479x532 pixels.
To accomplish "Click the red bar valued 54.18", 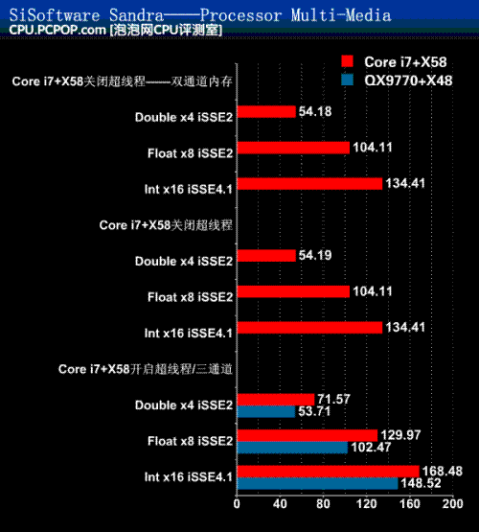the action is point(266,111).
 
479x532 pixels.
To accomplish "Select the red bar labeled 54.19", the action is point(266,256).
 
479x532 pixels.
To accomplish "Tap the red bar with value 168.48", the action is point(329,472).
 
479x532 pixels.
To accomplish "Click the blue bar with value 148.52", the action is point(317,483).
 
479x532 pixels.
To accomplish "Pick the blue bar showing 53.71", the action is point(266,411).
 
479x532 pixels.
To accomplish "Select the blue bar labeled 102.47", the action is point(292,448).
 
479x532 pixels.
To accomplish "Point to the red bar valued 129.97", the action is point(308,435).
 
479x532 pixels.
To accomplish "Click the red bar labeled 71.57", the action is point(276,400).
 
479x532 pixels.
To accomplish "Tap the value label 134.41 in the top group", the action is point(405,183).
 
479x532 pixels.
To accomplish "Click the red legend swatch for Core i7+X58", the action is point(348,61).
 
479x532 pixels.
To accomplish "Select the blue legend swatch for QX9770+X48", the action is point(348,80).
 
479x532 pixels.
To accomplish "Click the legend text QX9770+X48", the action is point(408,81).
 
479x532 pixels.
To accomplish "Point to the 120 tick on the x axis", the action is point(367,504).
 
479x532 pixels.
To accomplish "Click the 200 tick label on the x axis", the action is point(452,504).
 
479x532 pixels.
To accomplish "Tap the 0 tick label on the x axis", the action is point(237,504).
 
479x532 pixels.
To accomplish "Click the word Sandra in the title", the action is point(136,15).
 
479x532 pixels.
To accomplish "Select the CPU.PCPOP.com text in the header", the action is point(57,30).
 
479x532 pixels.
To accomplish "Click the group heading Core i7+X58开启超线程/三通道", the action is point(146,369).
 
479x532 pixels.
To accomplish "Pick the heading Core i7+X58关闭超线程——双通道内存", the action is point(122,81).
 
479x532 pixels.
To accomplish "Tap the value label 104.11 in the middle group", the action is point(373,291).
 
